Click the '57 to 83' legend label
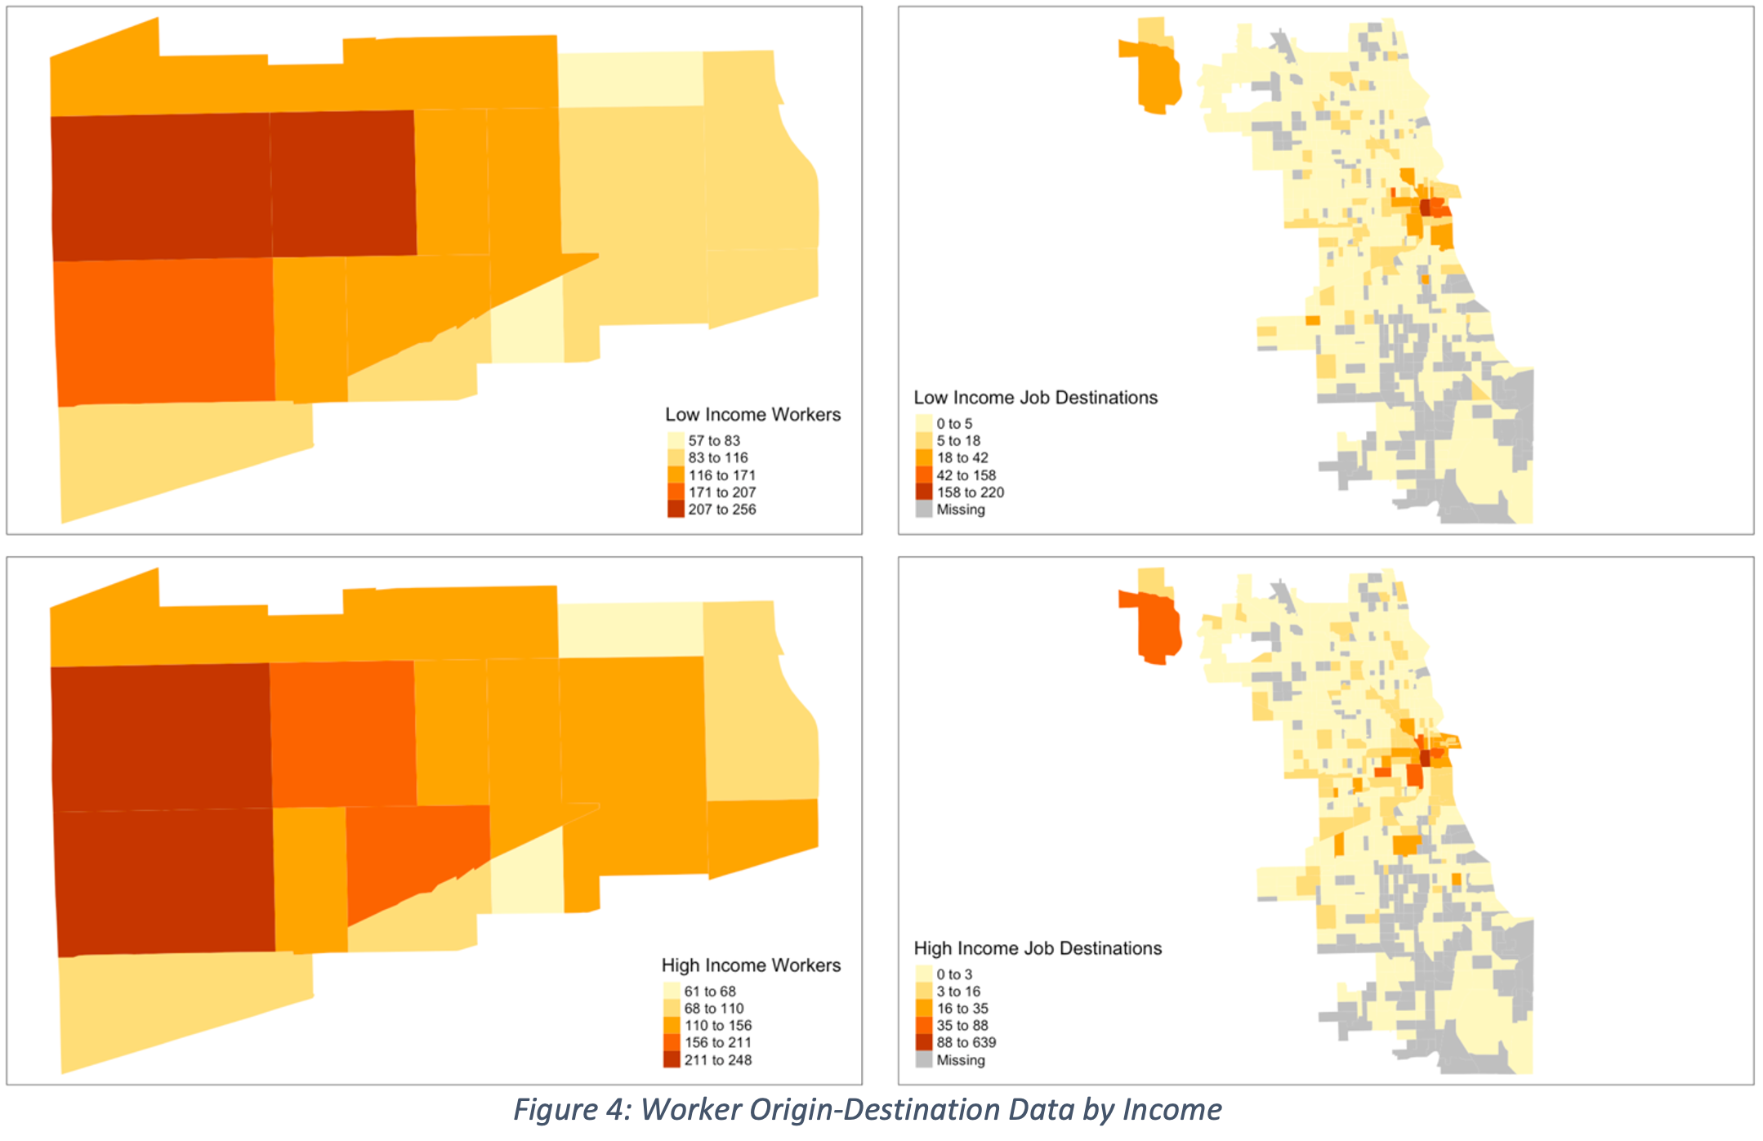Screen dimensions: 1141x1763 tap(713, 440)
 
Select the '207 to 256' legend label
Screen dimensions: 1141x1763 tap(721, 509)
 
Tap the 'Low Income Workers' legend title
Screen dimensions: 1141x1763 tap(752, 414)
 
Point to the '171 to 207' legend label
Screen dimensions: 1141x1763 tap(721, 492)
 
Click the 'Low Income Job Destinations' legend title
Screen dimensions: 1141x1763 tap(1035, 398)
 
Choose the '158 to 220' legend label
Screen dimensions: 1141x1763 tap(970, 492)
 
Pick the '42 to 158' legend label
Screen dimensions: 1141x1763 tap(966, 475)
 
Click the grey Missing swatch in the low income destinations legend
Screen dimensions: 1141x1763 tap(923, 509)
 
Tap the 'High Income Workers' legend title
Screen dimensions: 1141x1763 tap(751, 965)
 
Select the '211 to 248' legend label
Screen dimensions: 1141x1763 tap(717, 1059)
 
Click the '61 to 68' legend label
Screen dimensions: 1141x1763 tap(710, 991)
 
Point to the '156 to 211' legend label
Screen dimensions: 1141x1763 tap(717, 1042)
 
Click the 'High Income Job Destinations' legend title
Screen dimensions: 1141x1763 tap(1038, 948)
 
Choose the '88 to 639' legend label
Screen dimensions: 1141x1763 tap(966, 1042)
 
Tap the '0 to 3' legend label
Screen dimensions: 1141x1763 tap(953, 974)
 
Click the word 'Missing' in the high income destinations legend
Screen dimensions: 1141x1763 tap(960, 1060)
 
